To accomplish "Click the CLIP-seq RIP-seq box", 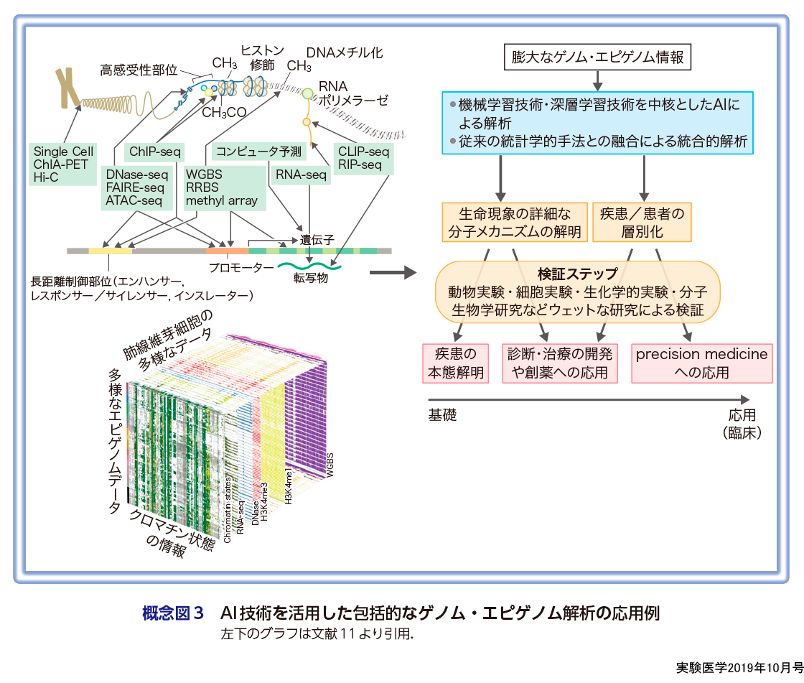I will point(364,158).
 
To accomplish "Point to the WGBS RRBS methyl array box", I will point(222,187).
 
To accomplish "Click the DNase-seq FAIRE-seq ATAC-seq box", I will point(135,187).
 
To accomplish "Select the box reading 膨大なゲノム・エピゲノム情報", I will point(597,57).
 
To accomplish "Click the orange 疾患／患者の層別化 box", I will point(642,222).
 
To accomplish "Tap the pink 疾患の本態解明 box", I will point(456,363).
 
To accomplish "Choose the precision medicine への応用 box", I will point(701,363).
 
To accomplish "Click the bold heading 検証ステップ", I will point(578,274).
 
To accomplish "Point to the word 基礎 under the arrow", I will point(442,415).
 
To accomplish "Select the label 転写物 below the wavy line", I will point(312,279).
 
